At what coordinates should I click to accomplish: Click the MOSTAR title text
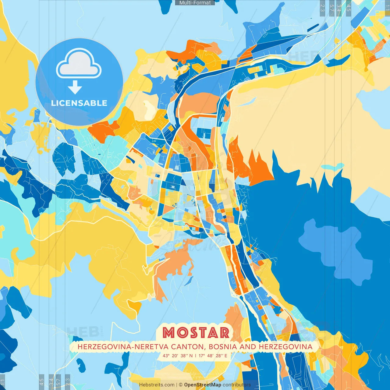pyautogui.click(x=196, y=333)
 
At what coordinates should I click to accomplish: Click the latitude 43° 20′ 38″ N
pyautogui.click(x=178, y=356)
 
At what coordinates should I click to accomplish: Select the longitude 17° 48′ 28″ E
pyautogui.click(x=213, y=356)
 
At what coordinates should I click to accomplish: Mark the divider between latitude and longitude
pyautogui.click(x=196, y=356)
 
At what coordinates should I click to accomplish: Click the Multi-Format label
pyautogui.click(x=195, y=3)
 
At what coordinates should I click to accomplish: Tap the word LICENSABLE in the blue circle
pyautogui.click(x=79, y=103)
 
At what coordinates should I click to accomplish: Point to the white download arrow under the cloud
pyautogui.click(x=75, y=88)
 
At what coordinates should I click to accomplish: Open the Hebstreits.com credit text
pyautogui.click(x=157, y=385)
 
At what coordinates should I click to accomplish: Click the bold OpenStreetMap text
pyautogui.click(x=203, y=385)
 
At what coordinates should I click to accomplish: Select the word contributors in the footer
pyautogui.click(x=237, y=385)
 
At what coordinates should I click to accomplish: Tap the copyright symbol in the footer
pyautogui.click(x=181, y=385)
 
